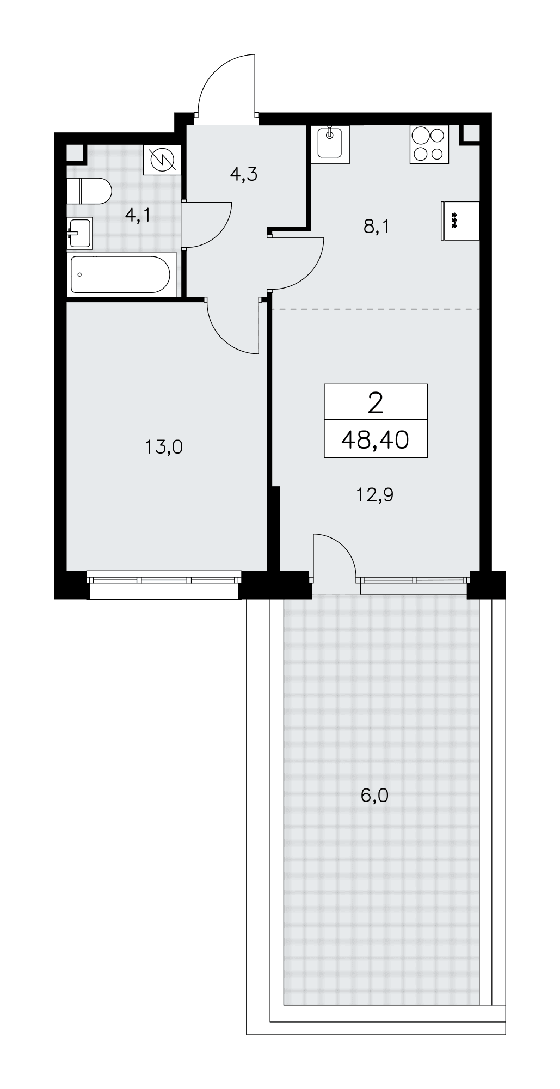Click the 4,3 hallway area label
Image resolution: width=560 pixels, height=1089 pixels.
pos(243,174)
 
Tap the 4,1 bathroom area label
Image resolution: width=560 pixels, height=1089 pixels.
pos(138,216)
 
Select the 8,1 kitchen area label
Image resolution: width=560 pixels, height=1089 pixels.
pos(377,226)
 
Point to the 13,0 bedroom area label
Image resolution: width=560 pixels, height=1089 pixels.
pos(164,447)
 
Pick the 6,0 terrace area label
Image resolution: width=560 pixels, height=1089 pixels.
pos(374,796)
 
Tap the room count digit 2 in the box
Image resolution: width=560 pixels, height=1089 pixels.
pos(376,403)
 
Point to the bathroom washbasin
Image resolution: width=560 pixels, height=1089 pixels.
pos(79,233)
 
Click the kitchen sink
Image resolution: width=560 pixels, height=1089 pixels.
pos(330,144)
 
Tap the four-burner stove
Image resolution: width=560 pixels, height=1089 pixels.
pos(429,144)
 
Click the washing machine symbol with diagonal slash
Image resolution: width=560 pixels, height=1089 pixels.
pos(162,160)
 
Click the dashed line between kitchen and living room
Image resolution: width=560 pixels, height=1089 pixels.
pos(376,309)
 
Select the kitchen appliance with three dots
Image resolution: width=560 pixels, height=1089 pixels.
pos(460,221)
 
